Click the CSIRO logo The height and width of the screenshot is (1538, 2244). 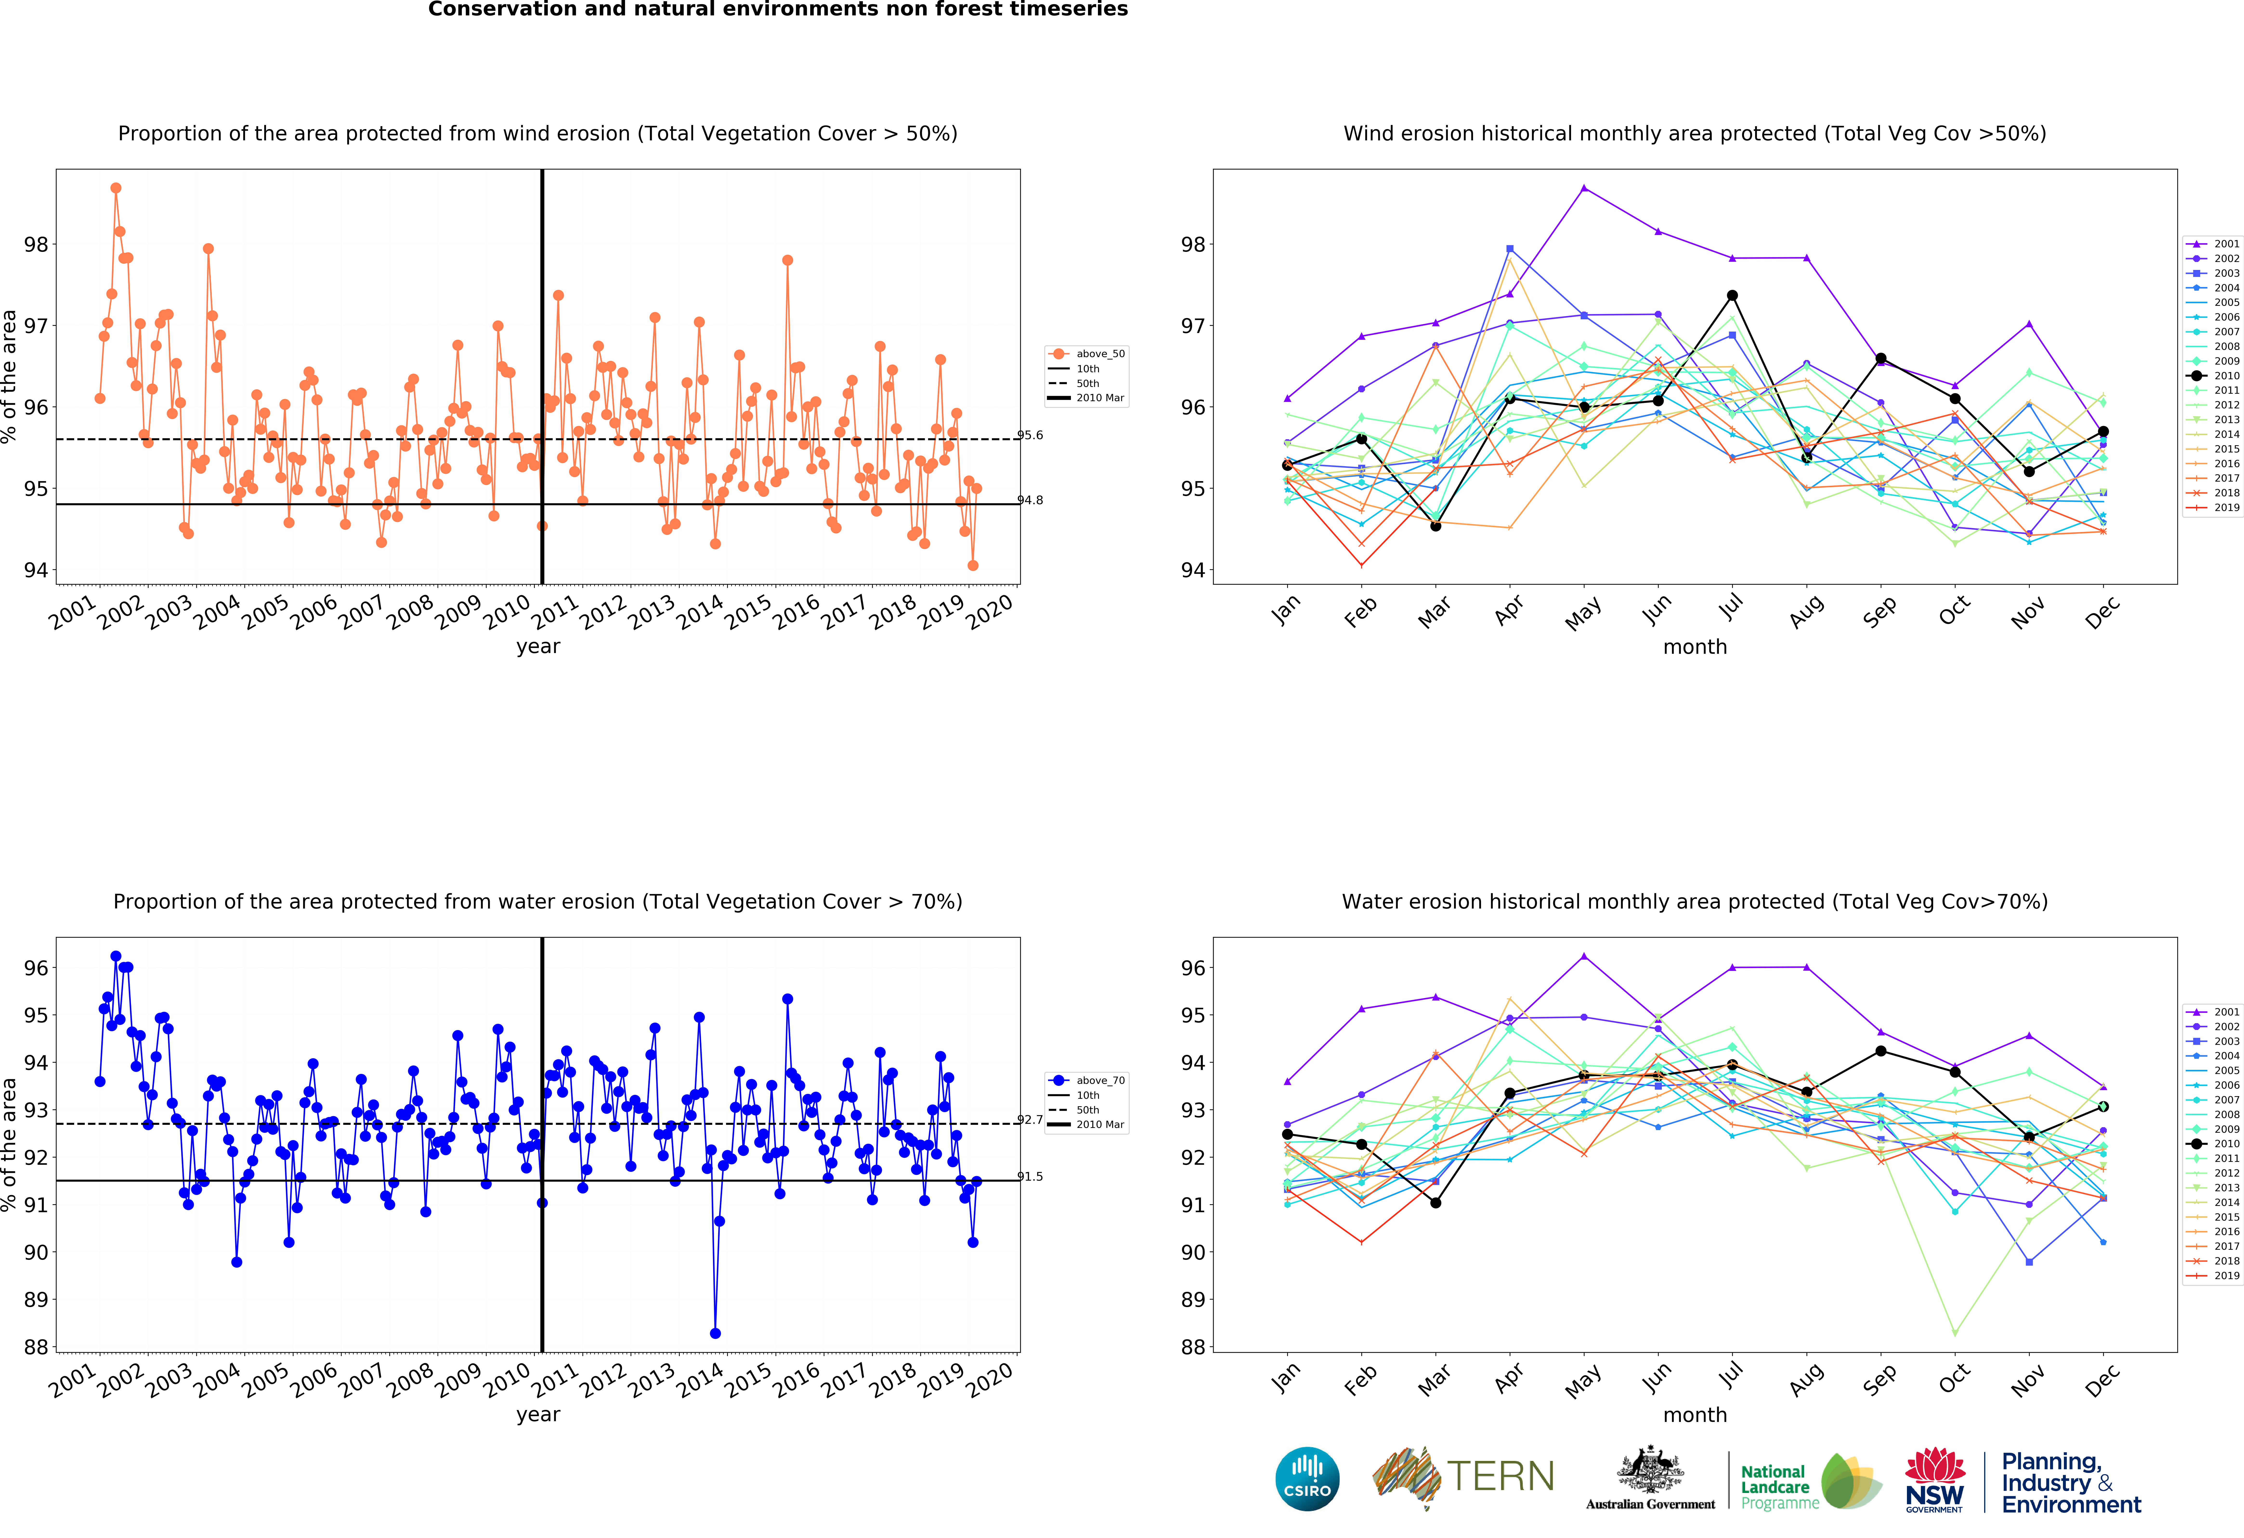pyautogui.click(x=1307, y=1478)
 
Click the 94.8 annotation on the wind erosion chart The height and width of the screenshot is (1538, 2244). pyautogui.click(x=1030, y=500)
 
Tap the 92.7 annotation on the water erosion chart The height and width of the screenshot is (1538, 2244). pyautogui.click(x=1030, y=1120)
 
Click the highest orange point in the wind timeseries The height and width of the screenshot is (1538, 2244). pyautogui.click(x=116, y=188)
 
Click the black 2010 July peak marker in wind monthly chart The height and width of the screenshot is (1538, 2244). pyautogui.click(x=1732, y=295)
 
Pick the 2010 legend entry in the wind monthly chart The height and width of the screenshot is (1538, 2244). pyautogui.click(x=2213, y=376)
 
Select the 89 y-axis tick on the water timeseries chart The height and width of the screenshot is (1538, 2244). pyautogui.click(x=36, y=1300)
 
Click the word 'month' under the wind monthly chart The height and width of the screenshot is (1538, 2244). pyautogui.click(x=1695, y=647)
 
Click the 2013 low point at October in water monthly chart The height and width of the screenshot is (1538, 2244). pyautogui.click(x=1955, y=1333)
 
